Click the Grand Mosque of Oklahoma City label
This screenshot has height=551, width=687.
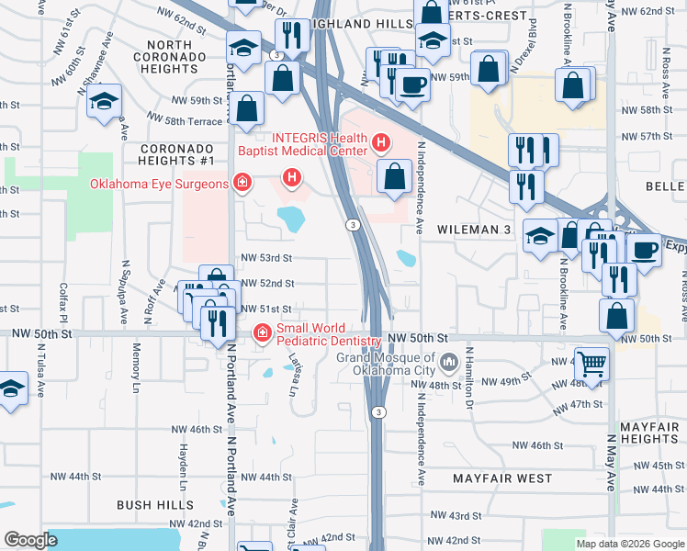(x=385, y=364)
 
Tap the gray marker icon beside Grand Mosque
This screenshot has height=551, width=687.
(x=449, y=362)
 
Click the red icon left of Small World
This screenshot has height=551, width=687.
(x=262, y=332)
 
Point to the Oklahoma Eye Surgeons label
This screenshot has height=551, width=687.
(x=159, y=184)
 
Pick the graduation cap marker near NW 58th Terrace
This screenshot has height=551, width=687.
(x=105, y=101)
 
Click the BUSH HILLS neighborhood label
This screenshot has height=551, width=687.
(x=155, y=504)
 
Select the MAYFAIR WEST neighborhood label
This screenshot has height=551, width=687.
(x=502, y=478)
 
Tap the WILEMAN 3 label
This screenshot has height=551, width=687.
(x=473, y=229)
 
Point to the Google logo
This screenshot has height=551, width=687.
(x=31, y=540)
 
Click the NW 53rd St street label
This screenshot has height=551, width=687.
(x=266, y=259)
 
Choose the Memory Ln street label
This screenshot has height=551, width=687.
(x=137, y=364)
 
